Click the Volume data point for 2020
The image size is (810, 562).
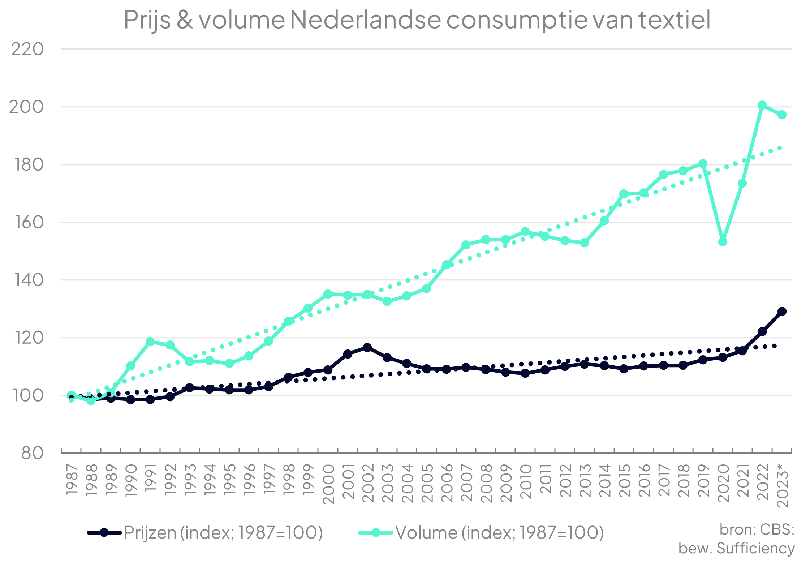coord(723,241)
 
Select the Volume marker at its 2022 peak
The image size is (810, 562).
coord(762,105)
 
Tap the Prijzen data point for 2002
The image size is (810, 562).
coord(367,347)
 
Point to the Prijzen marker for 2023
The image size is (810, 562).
coord(782,311)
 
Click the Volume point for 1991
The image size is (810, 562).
coord(150,342)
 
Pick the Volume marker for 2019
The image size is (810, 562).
coord(703,164)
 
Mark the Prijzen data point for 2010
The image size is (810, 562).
coord(525,373)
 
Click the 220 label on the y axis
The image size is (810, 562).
coord(27,49)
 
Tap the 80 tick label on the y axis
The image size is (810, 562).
coord(32,452)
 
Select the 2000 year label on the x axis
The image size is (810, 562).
coord(328,484)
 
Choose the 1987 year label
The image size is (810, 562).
coord(72,479)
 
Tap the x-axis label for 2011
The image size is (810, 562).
coord(545,479)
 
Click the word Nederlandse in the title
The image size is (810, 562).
coord(365,20)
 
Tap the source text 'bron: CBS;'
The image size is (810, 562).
coord(757,529)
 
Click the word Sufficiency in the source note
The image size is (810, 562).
coord(755,548)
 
